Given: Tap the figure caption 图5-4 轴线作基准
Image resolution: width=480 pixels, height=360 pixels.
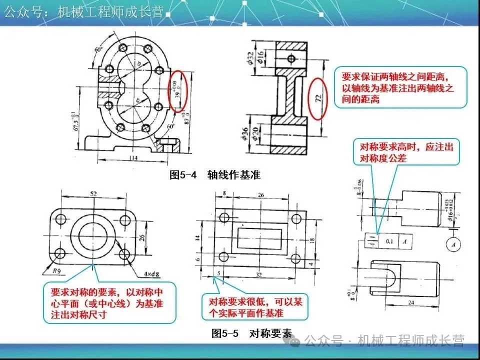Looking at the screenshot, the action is (x=215, y=175).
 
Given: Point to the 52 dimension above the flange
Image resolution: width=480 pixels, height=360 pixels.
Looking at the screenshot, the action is (x=93, y=193).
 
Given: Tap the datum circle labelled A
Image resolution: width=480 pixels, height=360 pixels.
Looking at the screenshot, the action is (x=453, y=244).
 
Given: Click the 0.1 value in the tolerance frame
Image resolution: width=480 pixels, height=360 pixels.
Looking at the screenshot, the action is (x=389, y=241).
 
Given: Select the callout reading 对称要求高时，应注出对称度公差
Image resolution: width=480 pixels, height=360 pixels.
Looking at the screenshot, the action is (x=406, y=153).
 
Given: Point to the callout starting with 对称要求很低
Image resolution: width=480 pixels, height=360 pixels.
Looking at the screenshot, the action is (x=255, y=307).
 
